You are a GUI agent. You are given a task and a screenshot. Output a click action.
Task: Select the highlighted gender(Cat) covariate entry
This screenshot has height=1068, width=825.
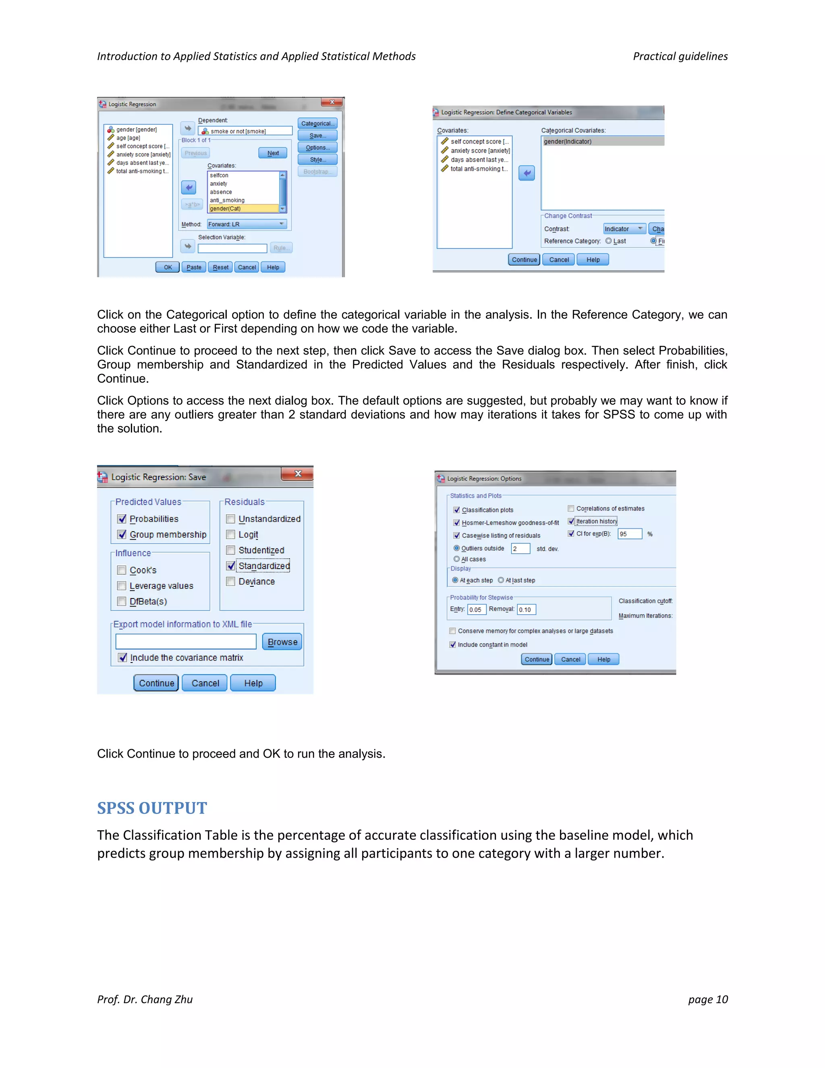coord(243,209)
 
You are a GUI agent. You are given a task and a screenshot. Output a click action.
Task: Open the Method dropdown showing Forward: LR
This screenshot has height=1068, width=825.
coord(246,224)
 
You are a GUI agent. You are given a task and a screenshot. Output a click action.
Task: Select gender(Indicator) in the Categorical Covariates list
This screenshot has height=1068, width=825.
coord(602,142)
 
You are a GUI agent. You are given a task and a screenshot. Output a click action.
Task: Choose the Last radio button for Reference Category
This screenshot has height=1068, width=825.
coord(609,241)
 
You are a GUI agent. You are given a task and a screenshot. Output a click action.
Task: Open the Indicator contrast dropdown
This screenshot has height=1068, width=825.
coord(624,229)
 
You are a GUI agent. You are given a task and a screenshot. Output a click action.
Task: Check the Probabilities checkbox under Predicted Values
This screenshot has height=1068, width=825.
coord(122,519)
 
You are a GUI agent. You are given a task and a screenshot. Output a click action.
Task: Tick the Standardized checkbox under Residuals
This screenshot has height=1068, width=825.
coord(231,566)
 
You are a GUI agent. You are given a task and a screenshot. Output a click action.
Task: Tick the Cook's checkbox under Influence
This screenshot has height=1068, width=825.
coord(122,570)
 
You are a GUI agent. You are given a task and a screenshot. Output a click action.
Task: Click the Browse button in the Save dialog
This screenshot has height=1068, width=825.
coord(282,642)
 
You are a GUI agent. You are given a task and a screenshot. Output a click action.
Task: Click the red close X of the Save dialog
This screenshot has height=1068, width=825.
coord(297,474)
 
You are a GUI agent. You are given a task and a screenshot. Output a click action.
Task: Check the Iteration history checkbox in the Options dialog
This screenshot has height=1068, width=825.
coord(571,521)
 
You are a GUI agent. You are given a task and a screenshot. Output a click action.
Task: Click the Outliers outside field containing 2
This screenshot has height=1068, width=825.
coord(520,549)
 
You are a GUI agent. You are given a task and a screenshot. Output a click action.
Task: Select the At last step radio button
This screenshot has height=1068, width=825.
coord(501,580)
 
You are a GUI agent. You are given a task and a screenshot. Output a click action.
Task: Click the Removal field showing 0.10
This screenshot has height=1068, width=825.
coord(527,610)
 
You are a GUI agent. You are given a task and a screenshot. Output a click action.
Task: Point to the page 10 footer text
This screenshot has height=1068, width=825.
coord(708,999)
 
